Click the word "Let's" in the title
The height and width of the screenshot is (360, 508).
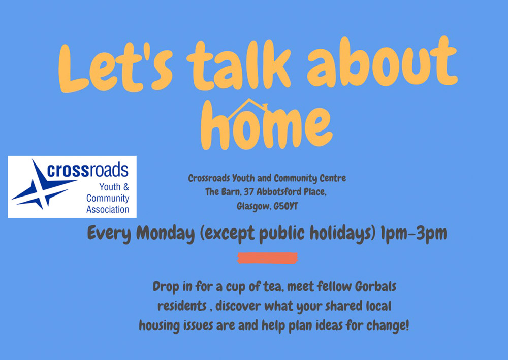[115, 68]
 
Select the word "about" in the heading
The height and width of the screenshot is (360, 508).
[383, 61]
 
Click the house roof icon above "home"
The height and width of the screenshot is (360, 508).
[248, 108]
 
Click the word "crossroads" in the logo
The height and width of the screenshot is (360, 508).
[87, 170]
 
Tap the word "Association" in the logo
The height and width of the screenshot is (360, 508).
[108, 210]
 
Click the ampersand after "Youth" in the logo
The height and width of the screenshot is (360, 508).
[126, 187]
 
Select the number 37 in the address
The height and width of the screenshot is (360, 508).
[249, 192]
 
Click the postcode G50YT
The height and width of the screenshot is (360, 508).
[285, 206]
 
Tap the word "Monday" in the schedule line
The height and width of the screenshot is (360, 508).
[165, 233]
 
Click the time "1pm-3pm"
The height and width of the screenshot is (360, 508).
[414, 233]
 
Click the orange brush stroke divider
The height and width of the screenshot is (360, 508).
[267, 258]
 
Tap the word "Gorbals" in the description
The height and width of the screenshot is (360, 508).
[375, 286]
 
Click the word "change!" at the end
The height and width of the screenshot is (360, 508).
[388, 325]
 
